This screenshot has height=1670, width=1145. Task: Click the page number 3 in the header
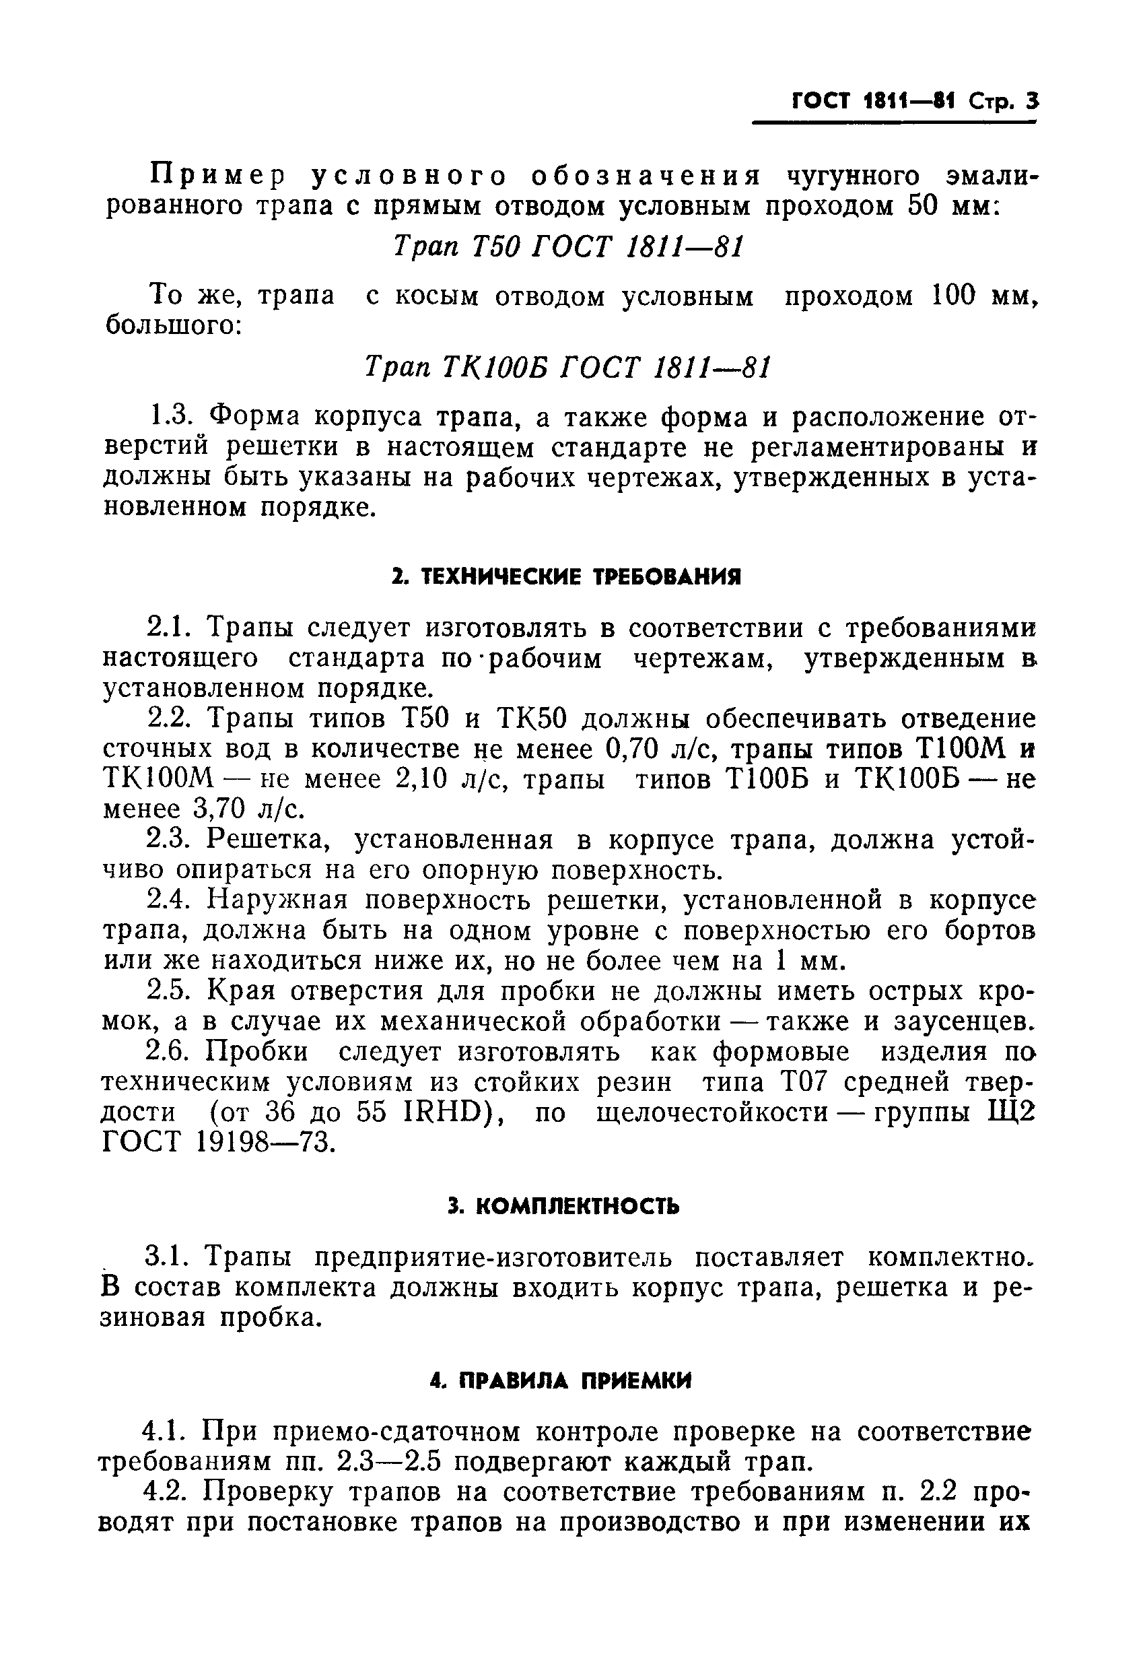click(1032, 102)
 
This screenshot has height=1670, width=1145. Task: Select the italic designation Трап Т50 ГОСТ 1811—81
click(567, 247)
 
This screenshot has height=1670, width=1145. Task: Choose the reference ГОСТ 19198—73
click(218, 1143)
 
